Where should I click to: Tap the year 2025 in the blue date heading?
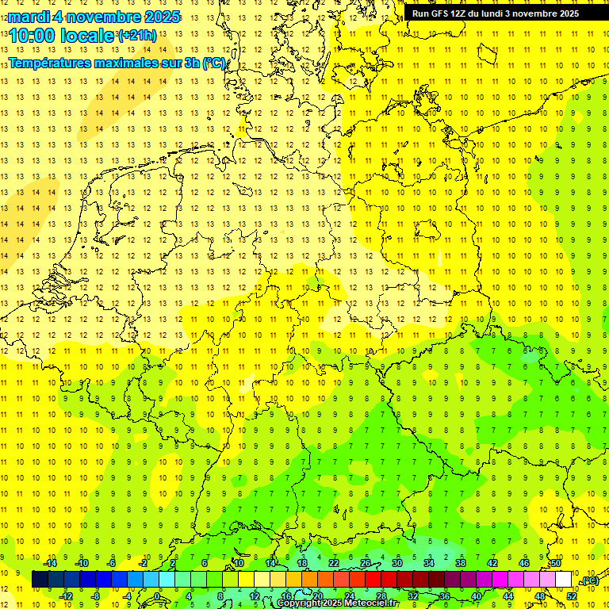(159, 17)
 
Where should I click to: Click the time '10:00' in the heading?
(33, 36)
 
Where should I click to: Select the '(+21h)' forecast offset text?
(136, 36)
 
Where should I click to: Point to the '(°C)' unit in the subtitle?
(213, 63)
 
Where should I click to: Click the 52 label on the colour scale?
(572, 596)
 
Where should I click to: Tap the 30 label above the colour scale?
(397, 563)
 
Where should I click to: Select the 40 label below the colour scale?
(477, 596)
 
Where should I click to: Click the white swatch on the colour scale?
(564, 580)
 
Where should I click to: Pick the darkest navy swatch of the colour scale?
(40, 580)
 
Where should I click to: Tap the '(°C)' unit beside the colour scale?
(589, 580)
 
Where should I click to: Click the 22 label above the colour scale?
(334, 563)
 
